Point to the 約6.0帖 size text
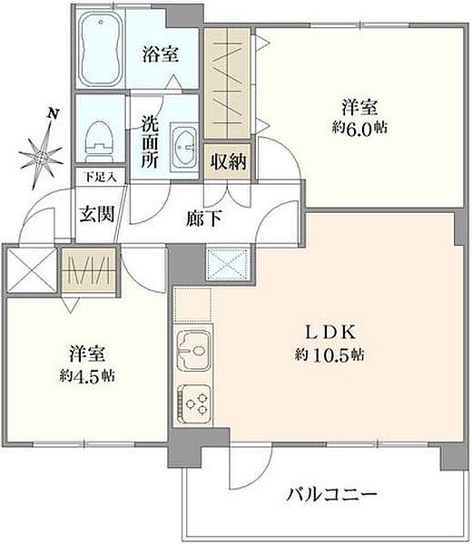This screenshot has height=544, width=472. click(360, 128)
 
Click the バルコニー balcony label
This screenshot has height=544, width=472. click(332, 495)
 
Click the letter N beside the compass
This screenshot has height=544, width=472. click(54, 114)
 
